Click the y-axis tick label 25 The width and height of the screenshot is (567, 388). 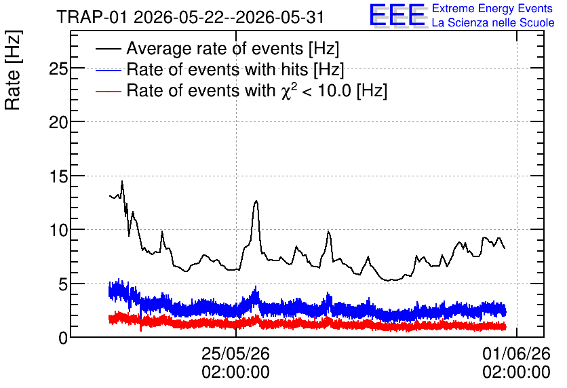click(58, 69)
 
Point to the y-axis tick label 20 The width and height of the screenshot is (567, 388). click(58, 123)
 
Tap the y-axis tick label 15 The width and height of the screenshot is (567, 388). click(58, 176)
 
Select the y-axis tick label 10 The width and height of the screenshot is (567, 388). click(58, 231)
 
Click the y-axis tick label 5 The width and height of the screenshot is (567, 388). click(63, 284)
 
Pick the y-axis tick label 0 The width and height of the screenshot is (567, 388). click(63, 338)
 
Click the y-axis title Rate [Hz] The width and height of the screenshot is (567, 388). click(13, 70)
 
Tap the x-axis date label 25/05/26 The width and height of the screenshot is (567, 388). click(235, 353)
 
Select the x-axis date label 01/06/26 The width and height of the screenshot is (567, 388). click(516, 353)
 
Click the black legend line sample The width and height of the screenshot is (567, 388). click(109, 49)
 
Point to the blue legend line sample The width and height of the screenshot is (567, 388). click(109, 70)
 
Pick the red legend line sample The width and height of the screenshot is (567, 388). click(109, 91)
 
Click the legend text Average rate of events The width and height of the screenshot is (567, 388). click(215, 48)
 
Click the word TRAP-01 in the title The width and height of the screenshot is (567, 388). click(92, 18)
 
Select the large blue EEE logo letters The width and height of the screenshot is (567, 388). click(398, 15)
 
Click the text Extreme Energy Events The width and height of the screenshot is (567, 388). click(492, 8)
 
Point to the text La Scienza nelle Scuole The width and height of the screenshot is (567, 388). click(493, 22)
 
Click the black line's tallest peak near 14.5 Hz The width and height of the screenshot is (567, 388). click(122, 181)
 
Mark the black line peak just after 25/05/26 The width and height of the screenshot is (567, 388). click(256, 201)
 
